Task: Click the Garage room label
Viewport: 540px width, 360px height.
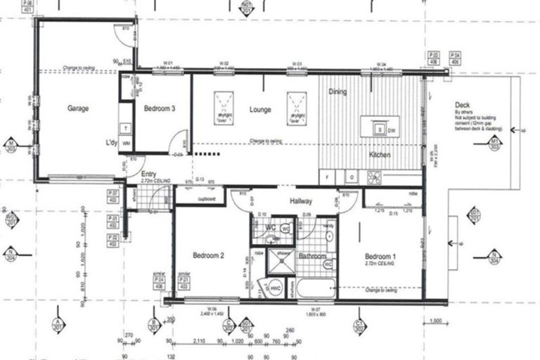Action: coord(78,109)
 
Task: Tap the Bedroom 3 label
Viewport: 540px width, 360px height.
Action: coord(160,109)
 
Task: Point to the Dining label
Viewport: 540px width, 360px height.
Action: coord(337,92)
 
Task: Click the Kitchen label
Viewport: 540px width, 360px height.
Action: coord(380,155)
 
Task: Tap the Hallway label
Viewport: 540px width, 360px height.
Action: coord(300,202)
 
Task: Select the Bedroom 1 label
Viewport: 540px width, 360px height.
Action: coord(380,257)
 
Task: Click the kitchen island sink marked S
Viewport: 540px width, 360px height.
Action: coord(379,130)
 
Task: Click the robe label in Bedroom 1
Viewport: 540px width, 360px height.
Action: coord(413,191)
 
